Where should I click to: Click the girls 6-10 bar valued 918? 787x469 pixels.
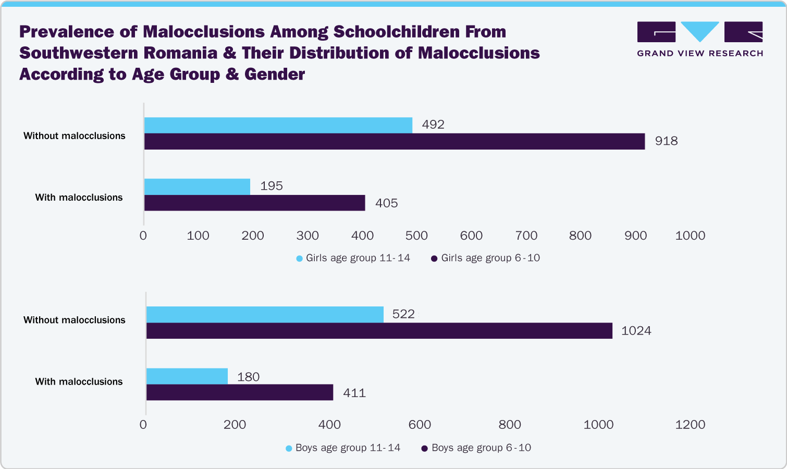pyautogui.click(x=394, y=142)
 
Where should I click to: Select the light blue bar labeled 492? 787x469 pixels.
pyautogui.click(x=278, y=125)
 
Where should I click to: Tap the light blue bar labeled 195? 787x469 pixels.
pyautogui.click(x=197, y=187)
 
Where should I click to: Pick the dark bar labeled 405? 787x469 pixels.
pyautogui.click(x=254, y=203)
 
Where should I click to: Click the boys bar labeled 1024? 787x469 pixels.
pyautogui.click(x=379, y=331)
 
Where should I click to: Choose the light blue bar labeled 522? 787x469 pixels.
pyautogui.click(x=265, y=315)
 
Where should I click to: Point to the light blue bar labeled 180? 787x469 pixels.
pyautogui.click(x=187, y=376)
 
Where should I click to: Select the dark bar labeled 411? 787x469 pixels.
pyautogui.click(x=240, y=392)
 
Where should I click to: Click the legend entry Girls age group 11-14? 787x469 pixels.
pyautogui.click(x=353, y=258)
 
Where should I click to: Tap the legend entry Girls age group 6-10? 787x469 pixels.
pyautogui.click(x=486, y=258)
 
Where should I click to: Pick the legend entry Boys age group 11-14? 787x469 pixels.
pyautogui.click(x=343, y=448)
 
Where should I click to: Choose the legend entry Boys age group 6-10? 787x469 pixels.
pyautogui.click(x=476, y=448)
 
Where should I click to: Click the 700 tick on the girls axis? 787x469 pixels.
pyautogui.click(x=526, y=236)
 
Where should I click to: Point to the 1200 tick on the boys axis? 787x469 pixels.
pyautogui.click(x=690, y=425)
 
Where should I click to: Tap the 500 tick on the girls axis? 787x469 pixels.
pyautogui.click(x=416, y=236)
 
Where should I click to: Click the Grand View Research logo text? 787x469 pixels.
pyautogui.click(x=700, y=53)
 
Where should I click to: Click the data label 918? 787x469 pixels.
pyautogui.click(x=666, y=141)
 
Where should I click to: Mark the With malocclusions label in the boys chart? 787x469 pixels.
pyautogui.click(x=79, y=381)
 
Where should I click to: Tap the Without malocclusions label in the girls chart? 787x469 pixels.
pyautogui.click(x=75, y=136)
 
